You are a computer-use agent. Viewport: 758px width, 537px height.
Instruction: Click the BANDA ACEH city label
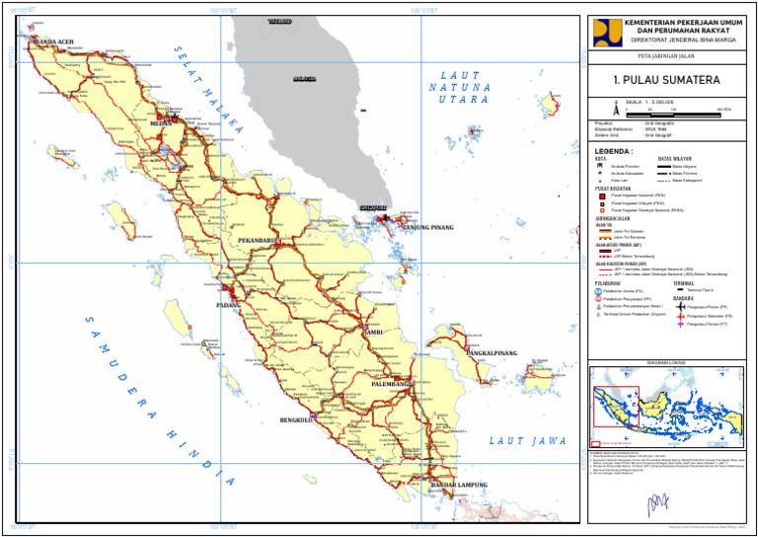54,42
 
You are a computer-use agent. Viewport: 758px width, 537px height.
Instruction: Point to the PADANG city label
228,305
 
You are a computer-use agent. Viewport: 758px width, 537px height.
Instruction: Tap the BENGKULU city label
296,420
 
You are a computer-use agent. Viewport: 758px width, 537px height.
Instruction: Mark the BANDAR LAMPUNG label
460,486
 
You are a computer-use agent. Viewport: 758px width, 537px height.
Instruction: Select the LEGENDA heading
613,152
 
